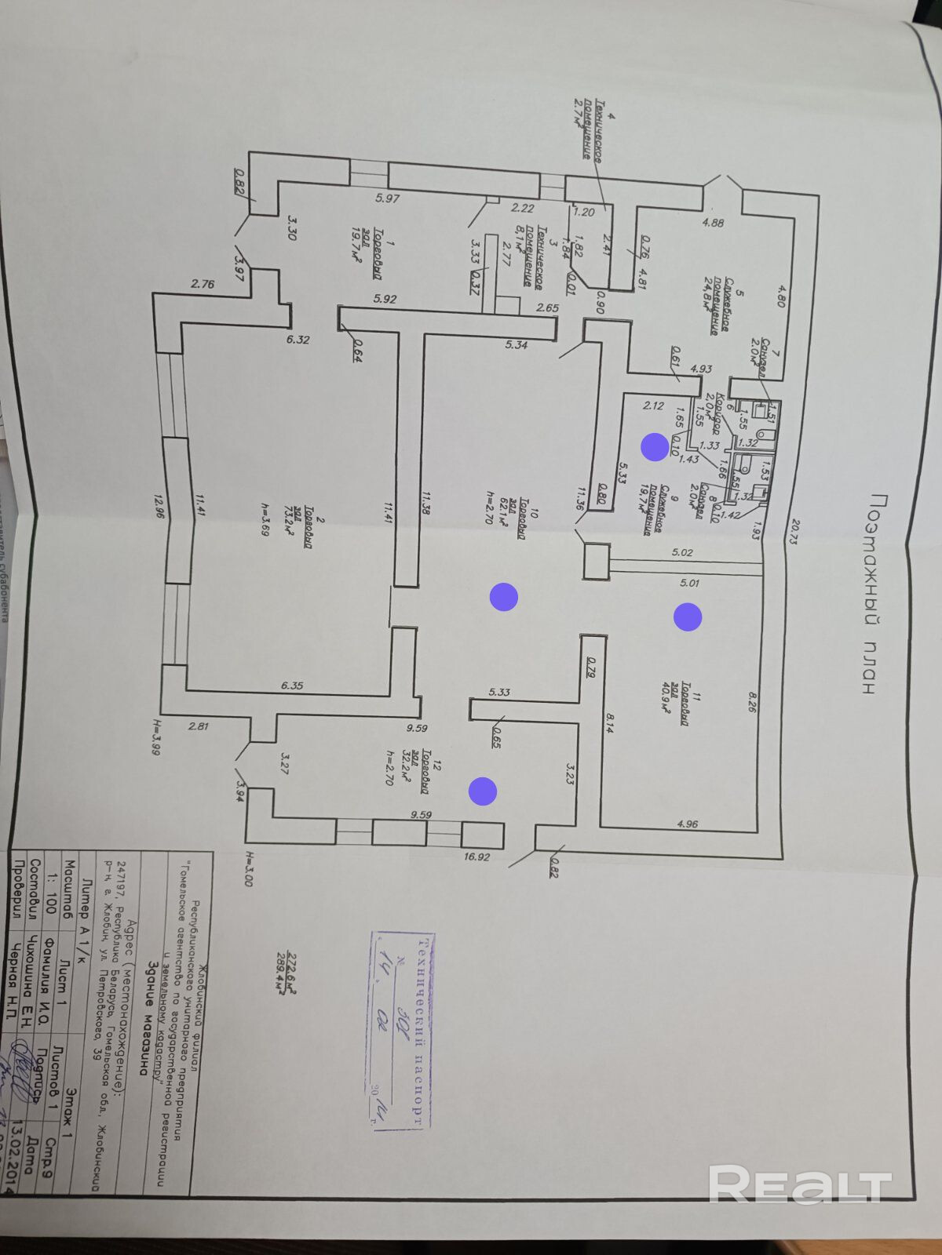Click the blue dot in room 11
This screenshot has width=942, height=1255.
[688, 617]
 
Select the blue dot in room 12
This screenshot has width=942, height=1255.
[483, 791]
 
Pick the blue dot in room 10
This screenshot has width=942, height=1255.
[503, 597]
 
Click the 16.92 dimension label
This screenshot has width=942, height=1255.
[476, 857]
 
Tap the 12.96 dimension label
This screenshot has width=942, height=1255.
[159, 507]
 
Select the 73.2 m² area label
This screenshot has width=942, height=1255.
[298, 518]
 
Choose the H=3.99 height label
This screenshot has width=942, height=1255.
[156, 737]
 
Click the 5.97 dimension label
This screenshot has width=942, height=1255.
[388, 199]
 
